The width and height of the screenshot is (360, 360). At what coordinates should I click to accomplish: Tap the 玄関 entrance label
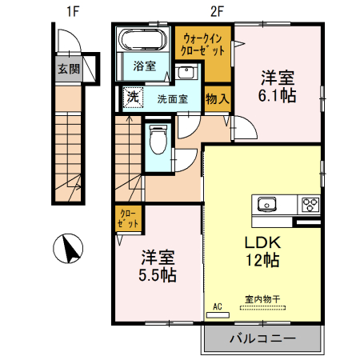pyautogui.click(x=69, y=69)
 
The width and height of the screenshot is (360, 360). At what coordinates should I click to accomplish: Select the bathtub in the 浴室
pyautogui.click(x=143, y=39)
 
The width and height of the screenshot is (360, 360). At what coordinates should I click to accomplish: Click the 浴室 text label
pyautogui.click(x=144, y=66)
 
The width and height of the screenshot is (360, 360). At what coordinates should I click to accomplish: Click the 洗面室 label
pyautogui.click(x=172, y=100)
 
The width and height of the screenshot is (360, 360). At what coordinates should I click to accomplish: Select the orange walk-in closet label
pyautogui.click(x=204, y=44)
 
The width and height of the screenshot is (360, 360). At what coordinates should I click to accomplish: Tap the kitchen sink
pyautogui.click(x=266, y=203)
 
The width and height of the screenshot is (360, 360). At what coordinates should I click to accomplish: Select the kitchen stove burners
pyautogui.click(x=309, y=204)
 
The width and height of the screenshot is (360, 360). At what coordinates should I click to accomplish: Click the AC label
pyautogui.click(x=217, y=306)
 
